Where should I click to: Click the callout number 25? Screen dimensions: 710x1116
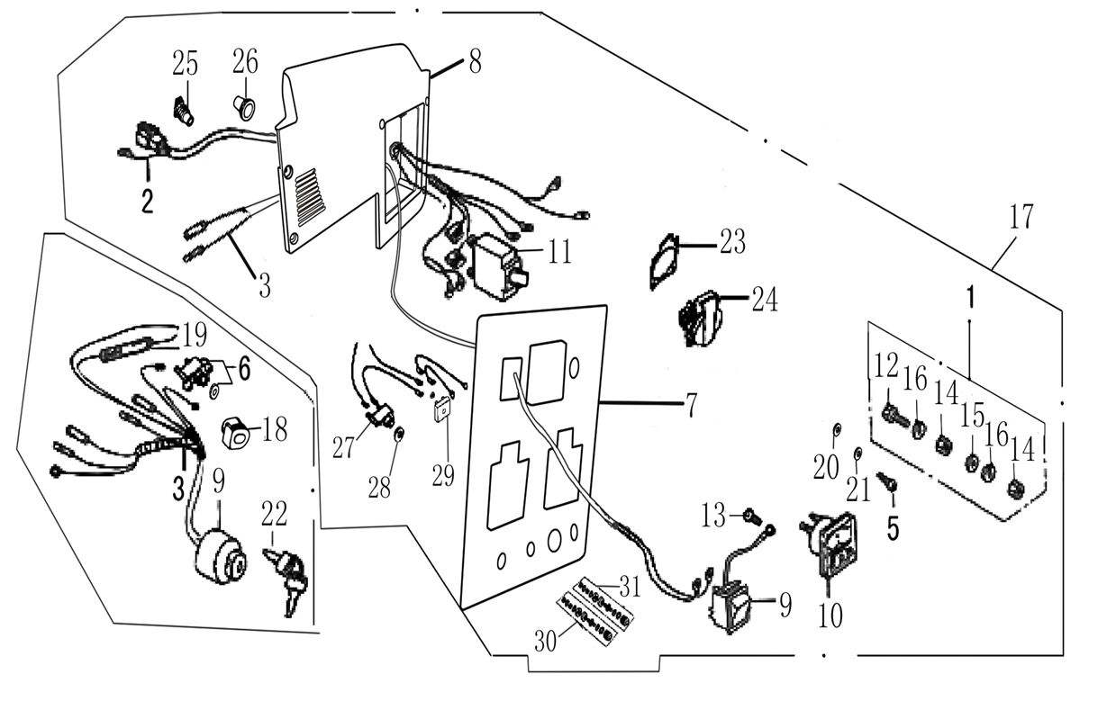[185, 63]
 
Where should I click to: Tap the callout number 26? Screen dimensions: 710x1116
[244, 62]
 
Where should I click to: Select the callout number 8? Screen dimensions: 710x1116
[475, 61]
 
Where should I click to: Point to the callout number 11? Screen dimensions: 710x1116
[559, 252]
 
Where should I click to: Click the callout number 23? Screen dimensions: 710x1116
[731, 241]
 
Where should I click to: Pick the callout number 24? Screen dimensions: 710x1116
[764, 300]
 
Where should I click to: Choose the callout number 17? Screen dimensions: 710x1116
[1021, 217]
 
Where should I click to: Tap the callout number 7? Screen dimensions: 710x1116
[691, 406]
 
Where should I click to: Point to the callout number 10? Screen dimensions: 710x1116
[830, 616]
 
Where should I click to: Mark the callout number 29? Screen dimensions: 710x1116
[442, 475]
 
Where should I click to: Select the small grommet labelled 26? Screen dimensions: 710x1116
[244, 107]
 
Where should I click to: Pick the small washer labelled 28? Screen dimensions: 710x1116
[399, 436]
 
